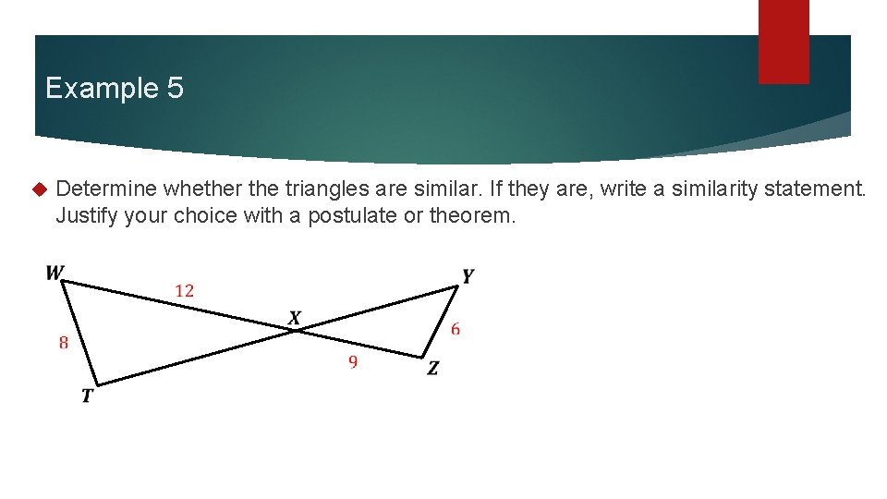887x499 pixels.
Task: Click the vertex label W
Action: [55, 273]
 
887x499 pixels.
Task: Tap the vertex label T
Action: [87, 396]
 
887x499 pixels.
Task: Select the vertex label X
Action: [295, 319]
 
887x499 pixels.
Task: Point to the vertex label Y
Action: [468, 276]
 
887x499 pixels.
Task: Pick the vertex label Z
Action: [432, 369]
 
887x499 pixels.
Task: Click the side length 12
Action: [185, 291]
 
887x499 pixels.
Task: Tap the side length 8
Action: [63, 343]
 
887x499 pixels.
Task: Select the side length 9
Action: [353, 362]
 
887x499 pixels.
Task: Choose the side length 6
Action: [456, 329]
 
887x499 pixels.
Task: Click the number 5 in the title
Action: [175, 89]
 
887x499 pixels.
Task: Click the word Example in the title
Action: [101, 89]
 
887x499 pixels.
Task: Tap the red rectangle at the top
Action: [784, 42]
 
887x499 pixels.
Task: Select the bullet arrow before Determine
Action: [39, 190]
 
